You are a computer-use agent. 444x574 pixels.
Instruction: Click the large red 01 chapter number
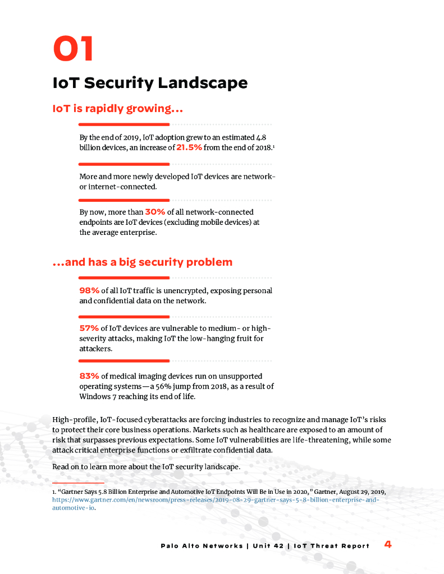tap(73, 48)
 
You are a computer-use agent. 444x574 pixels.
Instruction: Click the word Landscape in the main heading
tap(203, 83)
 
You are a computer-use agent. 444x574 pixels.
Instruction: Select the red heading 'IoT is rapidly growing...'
tap(117, 108)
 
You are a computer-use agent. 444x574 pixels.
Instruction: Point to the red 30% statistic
tap(155, 212)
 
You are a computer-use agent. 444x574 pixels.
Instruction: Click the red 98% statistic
tap(89, 290)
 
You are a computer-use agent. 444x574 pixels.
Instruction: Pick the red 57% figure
tap(89, 328)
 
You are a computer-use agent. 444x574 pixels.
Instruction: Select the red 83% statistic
tap(89, 376)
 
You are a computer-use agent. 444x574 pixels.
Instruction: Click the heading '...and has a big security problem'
tap(142, 262)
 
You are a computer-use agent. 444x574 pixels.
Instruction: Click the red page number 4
tap(388, 544)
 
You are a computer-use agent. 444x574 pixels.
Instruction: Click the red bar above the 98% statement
tap(124, 277)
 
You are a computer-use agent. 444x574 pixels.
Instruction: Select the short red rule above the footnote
tap(78, 483)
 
